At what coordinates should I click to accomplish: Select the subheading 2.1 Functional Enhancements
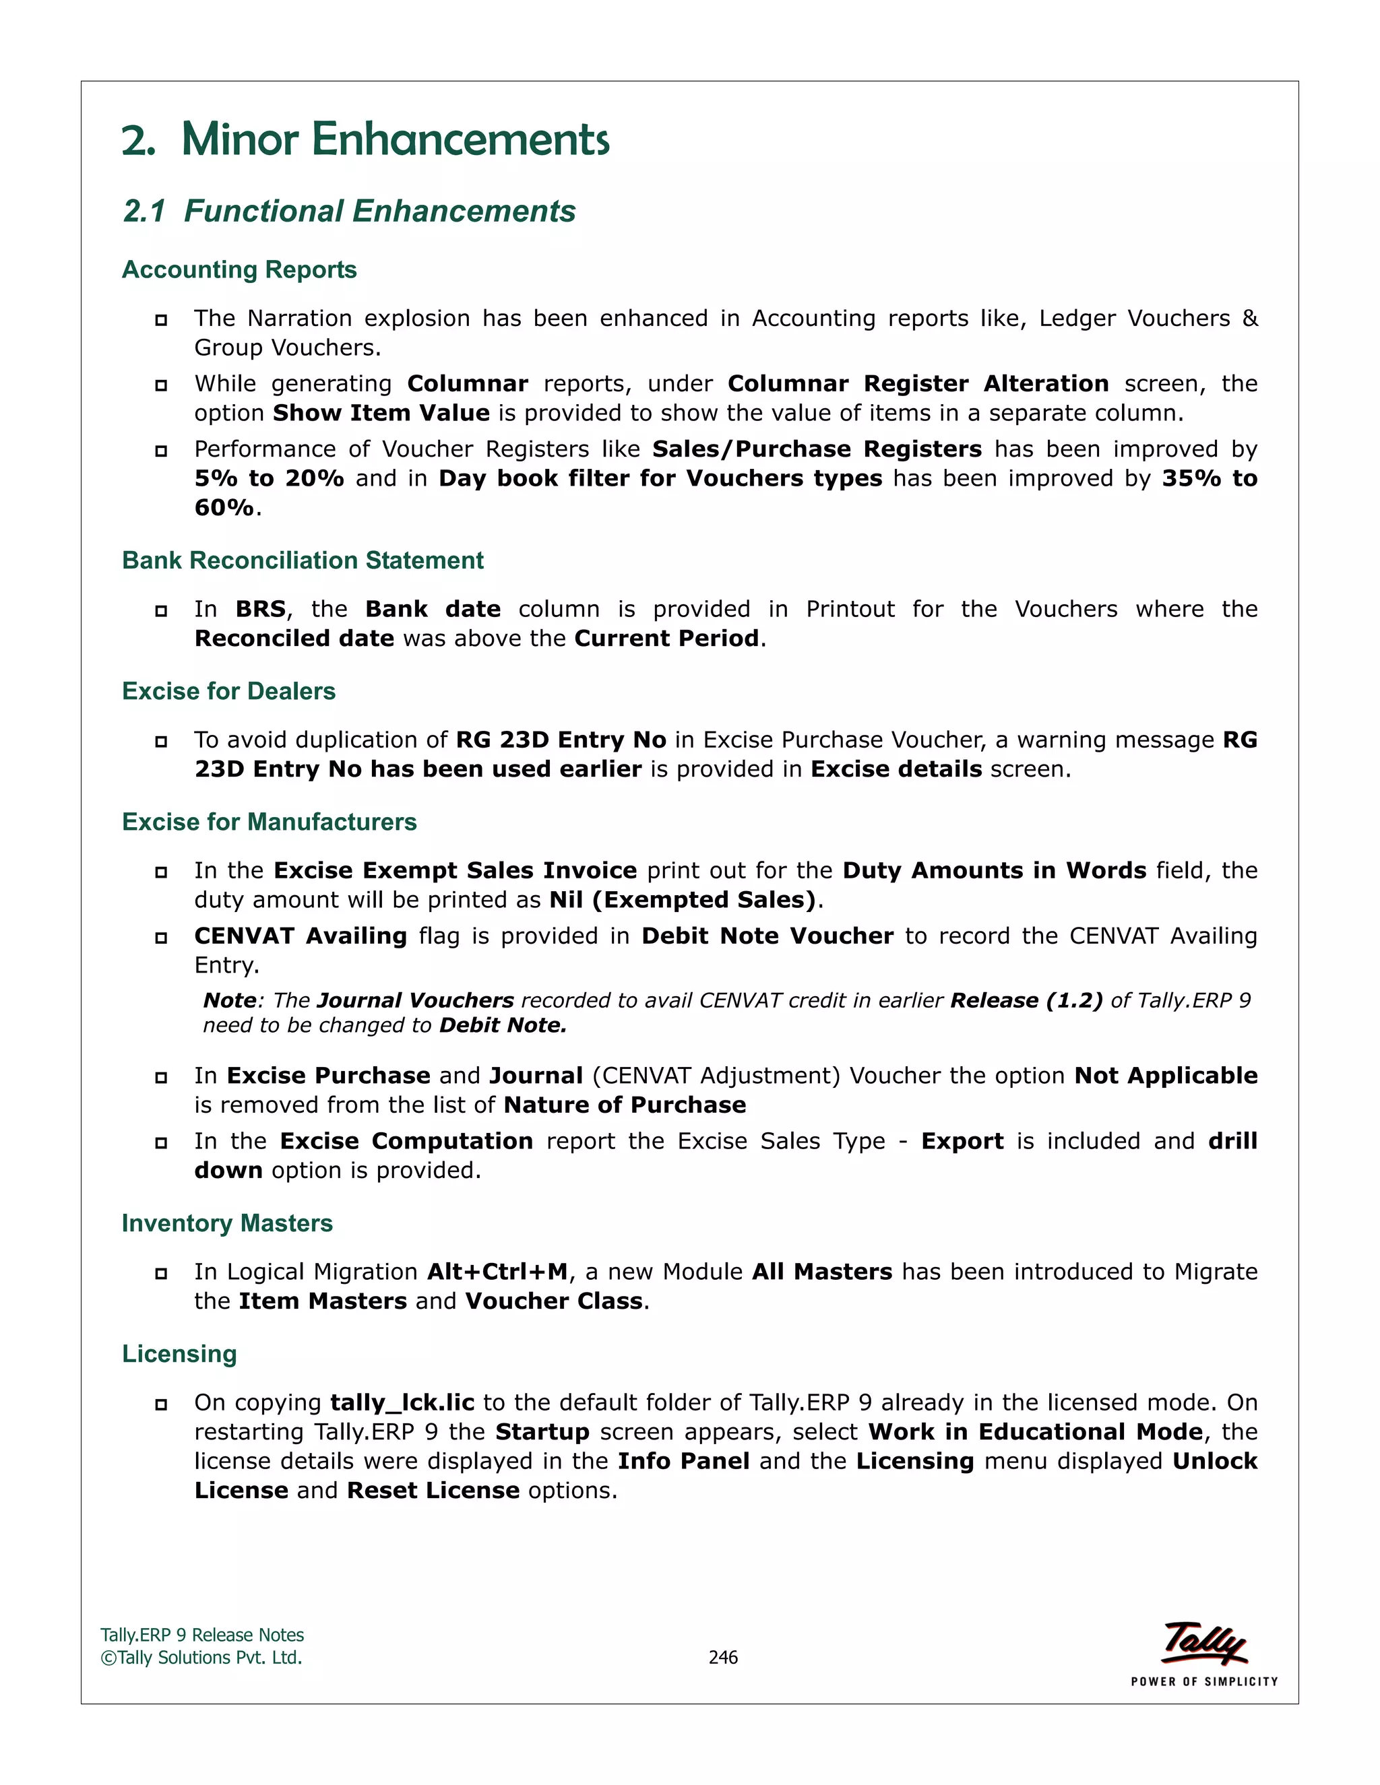[349, 211]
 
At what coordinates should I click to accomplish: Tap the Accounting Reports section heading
[239, 269]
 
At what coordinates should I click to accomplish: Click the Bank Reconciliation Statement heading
[303, 560]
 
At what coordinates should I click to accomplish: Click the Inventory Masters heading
[227, 1223]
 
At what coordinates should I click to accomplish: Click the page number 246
[723, 1657]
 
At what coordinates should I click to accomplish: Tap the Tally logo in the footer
[1203, 1643]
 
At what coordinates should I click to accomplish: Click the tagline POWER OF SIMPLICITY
[1203, 1681]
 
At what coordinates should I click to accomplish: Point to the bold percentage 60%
[224, 508]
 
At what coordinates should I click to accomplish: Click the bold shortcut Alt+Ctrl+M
[497, 1272]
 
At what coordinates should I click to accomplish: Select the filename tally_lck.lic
[402, 1402]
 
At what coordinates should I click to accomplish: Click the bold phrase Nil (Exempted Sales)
[683, 900]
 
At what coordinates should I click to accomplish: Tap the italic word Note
[229, 1000]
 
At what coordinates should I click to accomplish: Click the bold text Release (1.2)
[1026, 1000]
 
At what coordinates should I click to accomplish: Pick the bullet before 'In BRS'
[161, 610]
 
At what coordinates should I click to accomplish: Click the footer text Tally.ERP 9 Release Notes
[202, 1635]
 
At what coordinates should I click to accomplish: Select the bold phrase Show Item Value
[381, 413]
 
